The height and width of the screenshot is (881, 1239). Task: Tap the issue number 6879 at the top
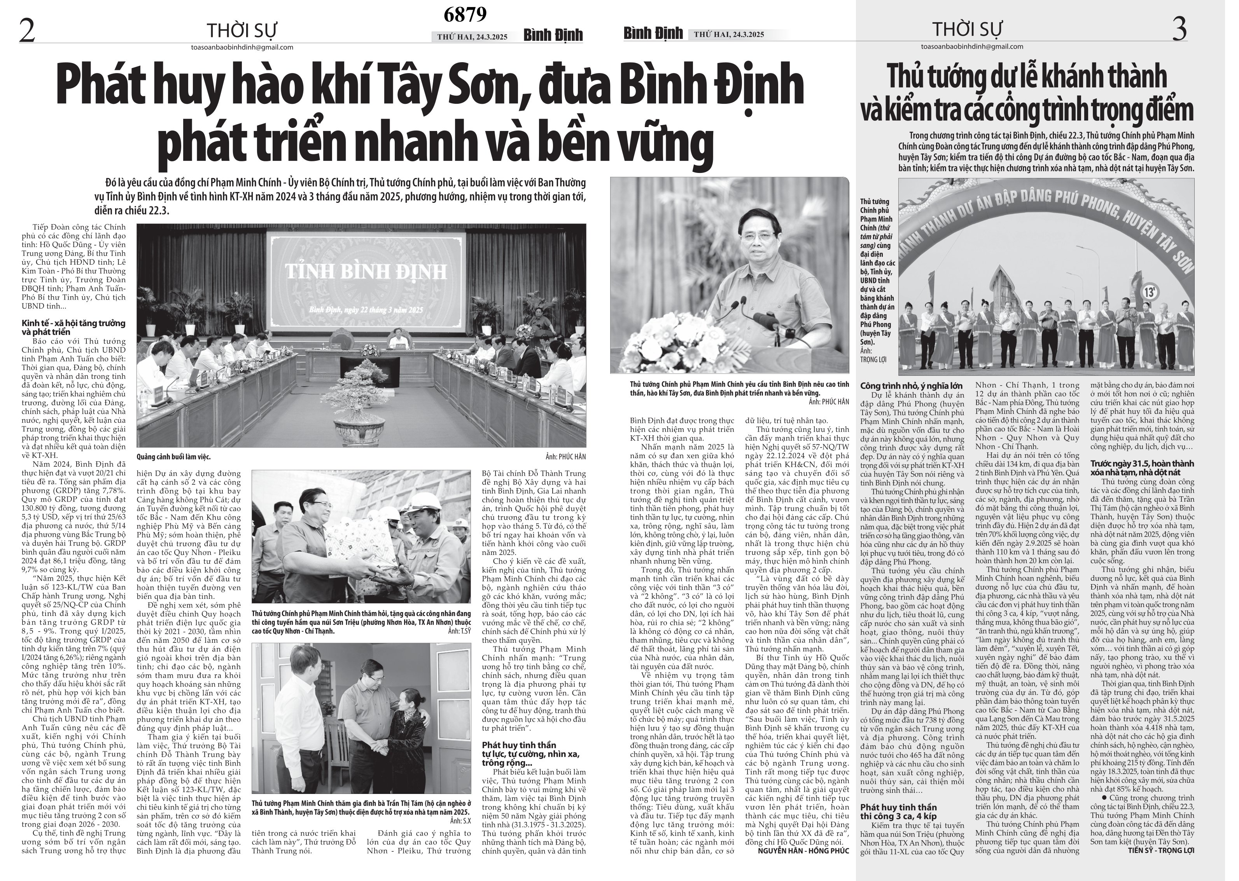coord(465,15)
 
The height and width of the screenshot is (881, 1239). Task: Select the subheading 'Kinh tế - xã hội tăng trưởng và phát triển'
coord(73,327)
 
